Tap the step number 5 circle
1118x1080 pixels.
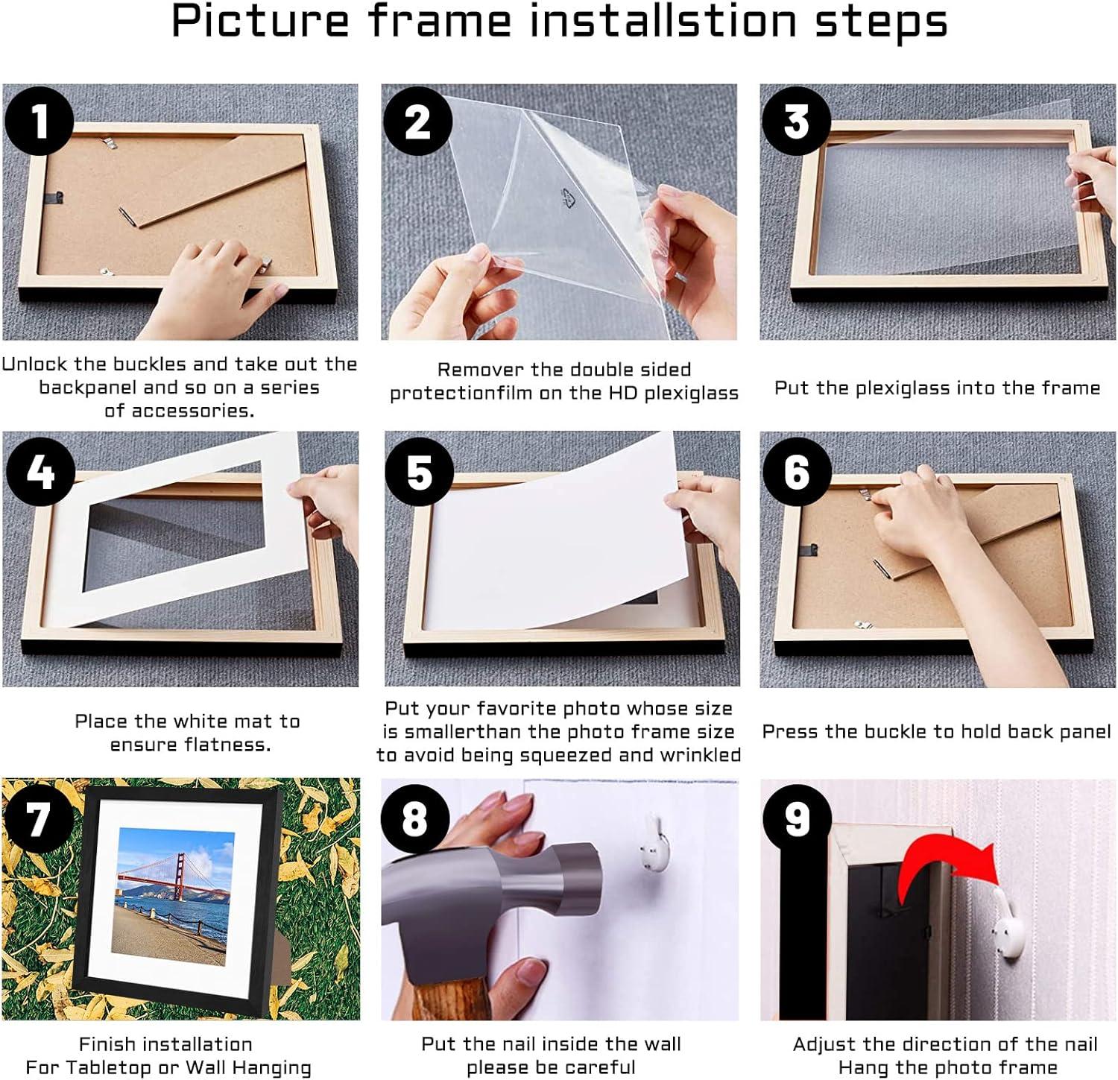419,472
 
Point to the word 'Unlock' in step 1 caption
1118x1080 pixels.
35,364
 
